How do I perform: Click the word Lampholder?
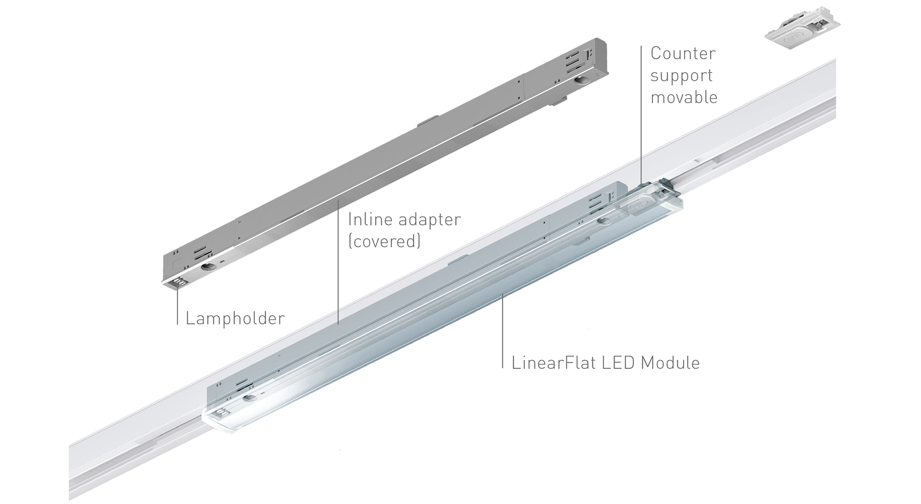(235, 318)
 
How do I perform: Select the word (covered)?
(384, 241)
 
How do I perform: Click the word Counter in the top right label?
(683, 53)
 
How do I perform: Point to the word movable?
(684, 97)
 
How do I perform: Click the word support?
(681, 76)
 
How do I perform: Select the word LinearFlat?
(553, 362)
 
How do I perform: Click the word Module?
(670, 362)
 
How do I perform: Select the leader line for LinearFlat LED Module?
(502, 331)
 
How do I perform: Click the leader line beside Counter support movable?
(641, 115)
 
